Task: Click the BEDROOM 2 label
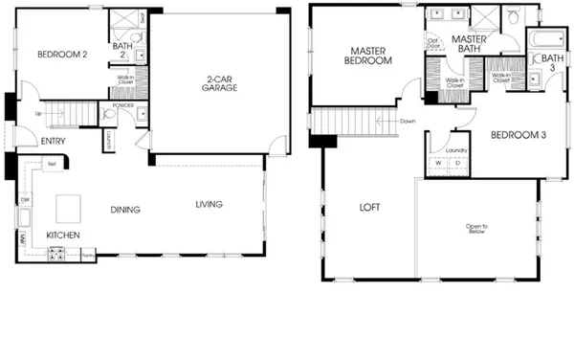click(x=63, y=56)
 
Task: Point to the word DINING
click(x=124, y=210)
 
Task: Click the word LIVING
click(x=210, y=204)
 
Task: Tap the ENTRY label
click(x=53, y=141)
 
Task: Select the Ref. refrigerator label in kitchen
click(x=51, y=166)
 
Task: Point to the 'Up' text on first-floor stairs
click(x=37, y=113)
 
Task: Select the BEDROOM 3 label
click(x=518, y=135)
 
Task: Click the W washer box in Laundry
click(x=439, y=163)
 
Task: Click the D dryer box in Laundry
click(x=456, y=163)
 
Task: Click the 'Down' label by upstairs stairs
click(x=408, y=121)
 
